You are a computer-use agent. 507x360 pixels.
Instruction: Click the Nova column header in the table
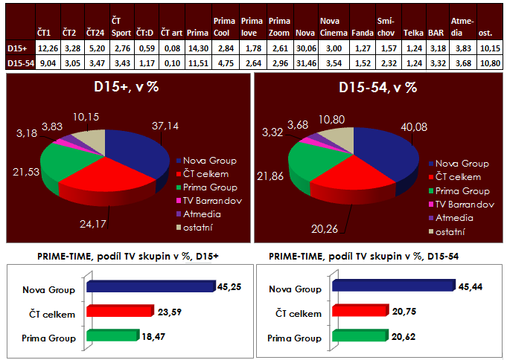(x=304, y=33)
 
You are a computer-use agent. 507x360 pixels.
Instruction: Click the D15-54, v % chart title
(x=376, y=89)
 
